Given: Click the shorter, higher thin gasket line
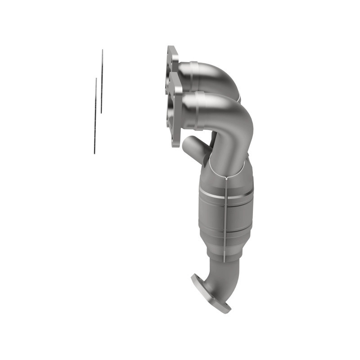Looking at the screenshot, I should pos(102,81).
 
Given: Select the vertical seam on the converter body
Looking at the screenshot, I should pos(224,216).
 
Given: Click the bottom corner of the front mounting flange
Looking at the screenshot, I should pos(177,144).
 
